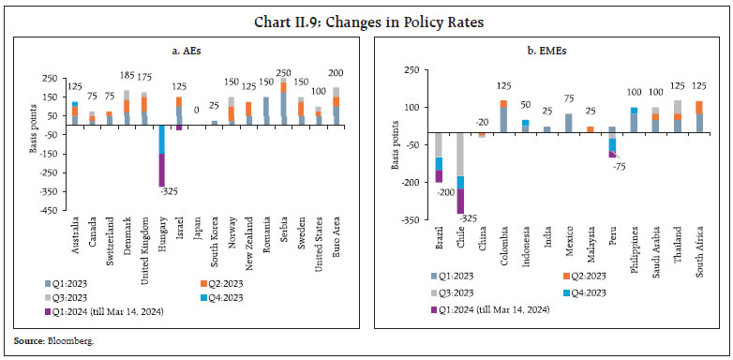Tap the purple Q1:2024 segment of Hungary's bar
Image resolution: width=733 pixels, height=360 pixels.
coord(162,170)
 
